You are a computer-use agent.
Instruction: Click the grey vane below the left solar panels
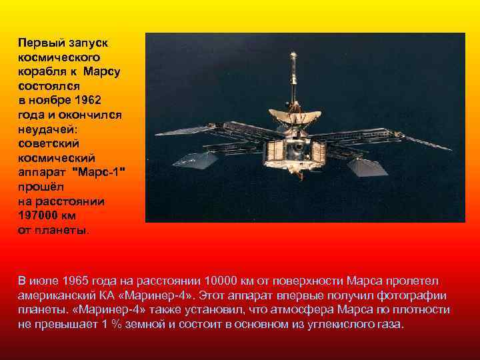coord(197,160)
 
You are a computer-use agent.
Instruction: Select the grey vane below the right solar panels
coord(367,166)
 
